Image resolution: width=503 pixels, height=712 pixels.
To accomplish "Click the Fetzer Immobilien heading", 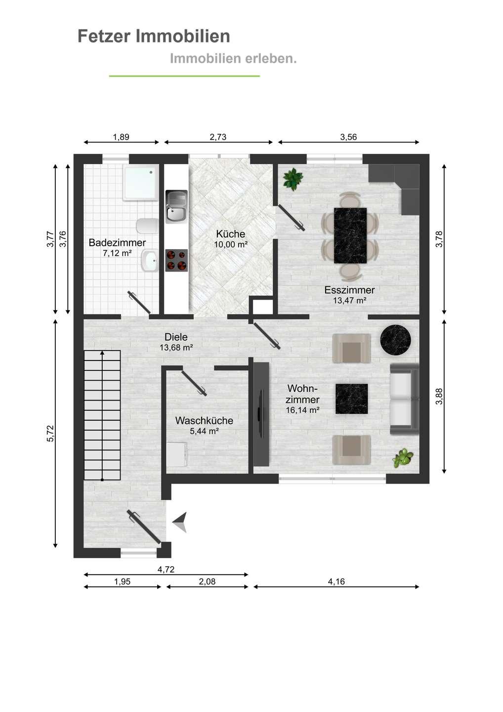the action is point(154,36).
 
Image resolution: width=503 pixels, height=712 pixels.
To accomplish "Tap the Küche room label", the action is point(231,234).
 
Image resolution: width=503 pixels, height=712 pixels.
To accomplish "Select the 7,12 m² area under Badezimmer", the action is point(117,253).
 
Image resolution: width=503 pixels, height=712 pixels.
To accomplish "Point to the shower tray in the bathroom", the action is point(141,183).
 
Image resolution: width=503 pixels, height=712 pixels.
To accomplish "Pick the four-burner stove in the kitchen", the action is point(176,260).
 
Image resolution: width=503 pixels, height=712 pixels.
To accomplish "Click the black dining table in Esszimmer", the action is point(350,235).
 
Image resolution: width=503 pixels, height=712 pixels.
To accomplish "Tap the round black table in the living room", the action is point(396,340).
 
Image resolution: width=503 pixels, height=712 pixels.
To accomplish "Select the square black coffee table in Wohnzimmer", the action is point(352,399).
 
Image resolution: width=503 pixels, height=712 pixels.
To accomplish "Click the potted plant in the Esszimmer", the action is point(293,179).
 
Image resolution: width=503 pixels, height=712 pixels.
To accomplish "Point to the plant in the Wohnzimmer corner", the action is point(403,458).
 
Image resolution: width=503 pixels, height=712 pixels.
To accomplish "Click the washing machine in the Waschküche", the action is point(177,454).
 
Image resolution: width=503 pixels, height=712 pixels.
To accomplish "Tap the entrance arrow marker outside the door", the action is point(180,522).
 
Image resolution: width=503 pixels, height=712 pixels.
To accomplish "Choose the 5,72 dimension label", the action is point(51,434).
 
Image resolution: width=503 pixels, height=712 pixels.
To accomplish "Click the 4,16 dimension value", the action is point(336,581).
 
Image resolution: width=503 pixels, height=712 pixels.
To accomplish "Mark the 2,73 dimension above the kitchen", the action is point(218,137).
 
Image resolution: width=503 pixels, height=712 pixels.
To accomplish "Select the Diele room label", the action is point(176,337).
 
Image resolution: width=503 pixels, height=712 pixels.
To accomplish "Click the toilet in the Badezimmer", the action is point(147,226).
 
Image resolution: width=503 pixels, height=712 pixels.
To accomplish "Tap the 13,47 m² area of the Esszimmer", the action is point(350,301).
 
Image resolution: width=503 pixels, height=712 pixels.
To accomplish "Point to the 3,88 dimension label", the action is point(439,397).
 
